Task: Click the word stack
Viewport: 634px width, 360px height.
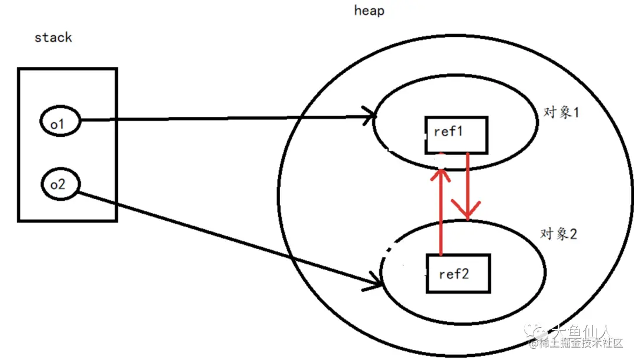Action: [53, 38]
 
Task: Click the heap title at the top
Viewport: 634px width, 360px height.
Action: [369, 11]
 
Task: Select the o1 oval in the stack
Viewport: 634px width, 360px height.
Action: [59, 122]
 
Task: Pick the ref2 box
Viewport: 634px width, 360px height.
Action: [457, 274]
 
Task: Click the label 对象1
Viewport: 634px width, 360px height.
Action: [561, 112]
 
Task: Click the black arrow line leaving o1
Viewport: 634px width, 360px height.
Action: [223, 119]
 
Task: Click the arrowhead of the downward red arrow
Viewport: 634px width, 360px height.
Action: [467, 213]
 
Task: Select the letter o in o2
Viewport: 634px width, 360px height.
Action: [53, 184]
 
